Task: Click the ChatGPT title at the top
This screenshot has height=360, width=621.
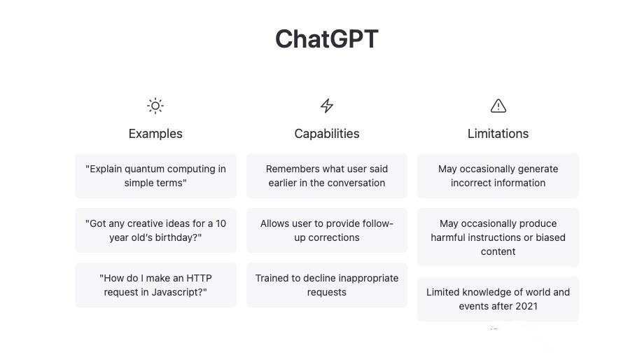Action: [x=326, y=39]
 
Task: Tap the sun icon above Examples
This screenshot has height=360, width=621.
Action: [x=155, y=106]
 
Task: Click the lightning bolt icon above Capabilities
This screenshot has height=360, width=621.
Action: [x=327, y=106]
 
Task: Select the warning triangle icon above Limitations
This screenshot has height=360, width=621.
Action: [x=498, y=106]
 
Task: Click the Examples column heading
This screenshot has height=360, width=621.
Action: [x=155, y=134]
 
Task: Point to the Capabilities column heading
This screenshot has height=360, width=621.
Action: [x=327, y=134]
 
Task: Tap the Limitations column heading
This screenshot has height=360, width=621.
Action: [x=498, y=134]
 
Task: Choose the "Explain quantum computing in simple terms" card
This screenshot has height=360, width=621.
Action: [x=155, y=176]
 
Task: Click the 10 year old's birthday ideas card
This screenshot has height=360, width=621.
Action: [x=155, y=230]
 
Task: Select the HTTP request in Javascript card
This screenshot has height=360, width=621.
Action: [x=155, y=285]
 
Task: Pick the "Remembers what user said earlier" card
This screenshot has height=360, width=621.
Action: [x=327, y=176]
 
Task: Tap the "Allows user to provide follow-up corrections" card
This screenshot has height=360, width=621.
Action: [x=327, y=230]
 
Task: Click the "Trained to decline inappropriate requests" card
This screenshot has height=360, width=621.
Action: [x=327, y=285]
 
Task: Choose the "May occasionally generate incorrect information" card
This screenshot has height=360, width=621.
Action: [x=498, y=176]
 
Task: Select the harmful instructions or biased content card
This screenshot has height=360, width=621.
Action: [x=498, y=237]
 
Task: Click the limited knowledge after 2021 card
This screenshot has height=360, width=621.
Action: [x=498, y=299]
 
